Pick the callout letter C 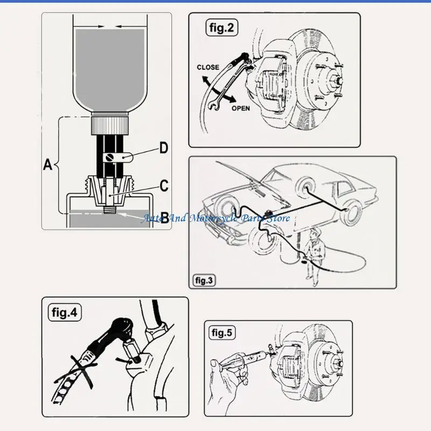pos(164,186)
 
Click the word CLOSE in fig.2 pos(208,67)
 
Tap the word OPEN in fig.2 pos(241,108)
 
